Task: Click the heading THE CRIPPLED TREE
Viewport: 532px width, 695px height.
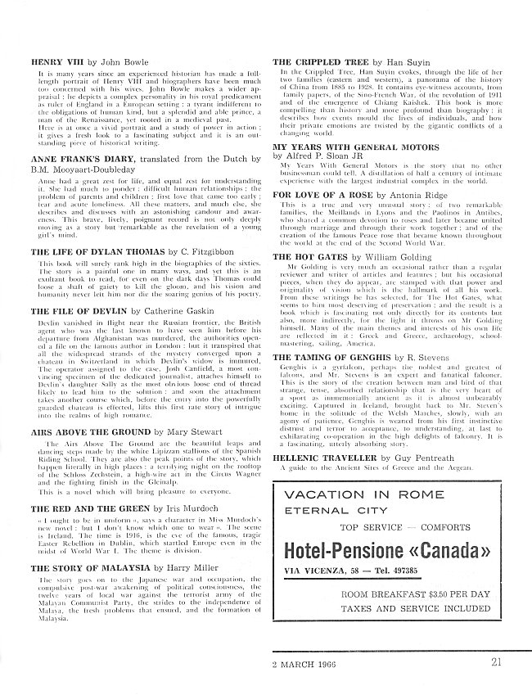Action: click(x=321, y=62)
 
